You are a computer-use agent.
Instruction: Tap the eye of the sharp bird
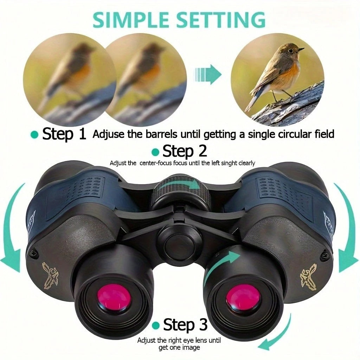tap(291, 51)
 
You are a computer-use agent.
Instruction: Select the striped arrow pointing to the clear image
tap(208, 74)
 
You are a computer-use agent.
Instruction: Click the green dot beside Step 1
tap(34, 134)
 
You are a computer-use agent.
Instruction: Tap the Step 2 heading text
tap(185, 151)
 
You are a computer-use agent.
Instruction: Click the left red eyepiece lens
tap(114, 299)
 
